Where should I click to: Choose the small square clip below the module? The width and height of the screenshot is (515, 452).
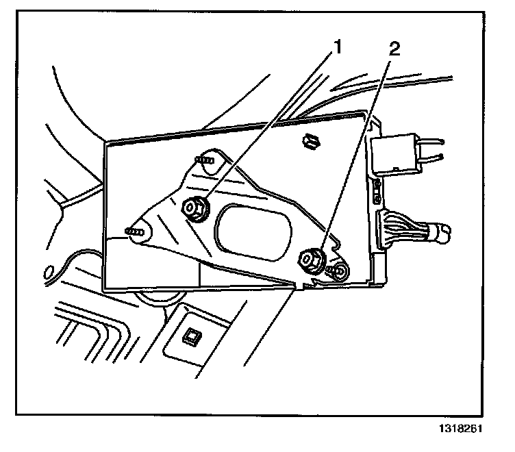tap(189, 335)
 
